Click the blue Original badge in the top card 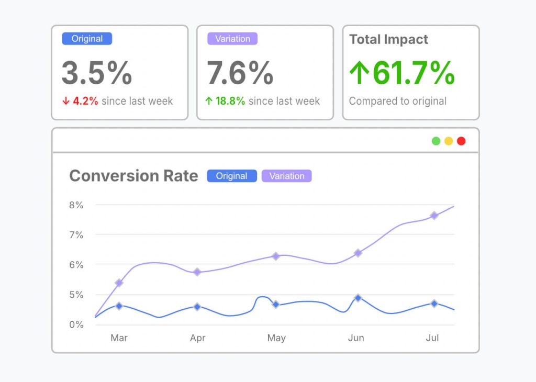click(x=87, y=39)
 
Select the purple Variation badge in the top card click(x=232, y=39)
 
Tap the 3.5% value click(x=97, y=73)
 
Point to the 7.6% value click(x=240, y=73)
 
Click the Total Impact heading click(x=388, y=39)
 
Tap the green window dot click(x=436, y=141)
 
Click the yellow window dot click(x=449, y=141)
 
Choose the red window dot click(x=461, y=141)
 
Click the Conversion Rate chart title click(x=133, y=176)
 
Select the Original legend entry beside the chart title click(x=231, y=176)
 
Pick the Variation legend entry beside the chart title click(x=286, y=176)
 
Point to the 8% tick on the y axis click(x=76, y=205)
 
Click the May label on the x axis click(x=276, y=338)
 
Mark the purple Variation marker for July click(x=434, y=216)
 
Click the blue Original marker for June click(x=358, y=298)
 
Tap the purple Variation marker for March click(x=119, y=283)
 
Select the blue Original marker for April click(x=197, y=307)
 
